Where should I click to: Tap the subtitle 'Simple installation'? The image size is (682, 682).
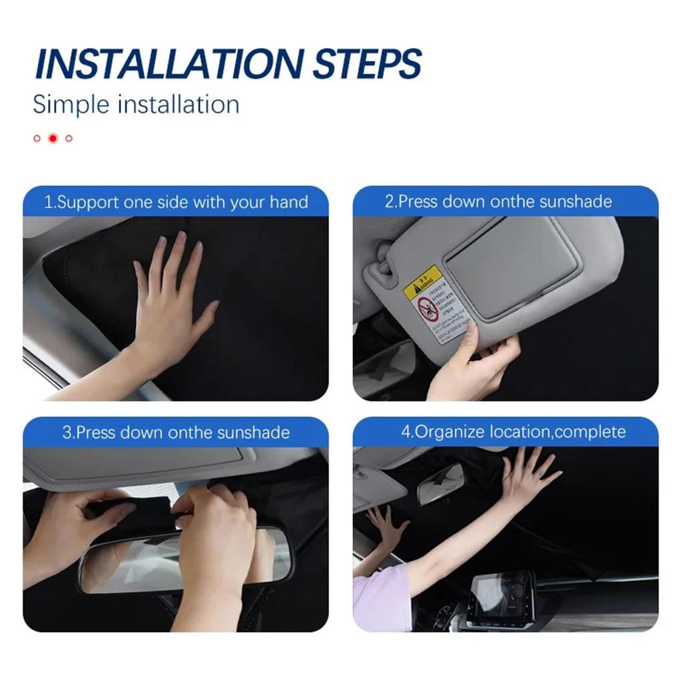tap(136, 105)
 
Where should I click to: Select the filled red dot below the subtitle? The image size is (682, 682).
tap(53, 139)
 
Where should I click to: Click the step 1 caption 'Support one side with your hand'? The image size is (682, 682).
tap(176, 202)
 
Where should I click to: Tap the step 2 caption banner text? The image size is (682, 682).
tap(498, 202)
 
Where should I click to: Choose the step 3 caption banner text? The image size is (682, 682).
tap(176, 432)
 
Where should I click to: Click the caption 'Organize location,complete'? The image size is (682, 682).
tap(513, 432)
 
